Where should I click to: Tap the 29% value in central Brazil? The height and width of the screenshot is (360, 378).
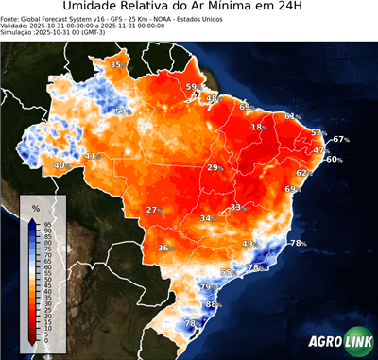[x=215, y=167]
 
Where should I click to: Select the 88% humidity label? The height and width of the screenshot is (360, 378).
[x=213, y=304]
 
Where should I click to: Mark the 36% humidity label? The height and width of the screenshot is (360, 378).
[x=165, y=249]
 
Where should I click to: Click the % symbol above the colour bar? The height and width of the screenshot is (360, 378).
[x=35, y=207]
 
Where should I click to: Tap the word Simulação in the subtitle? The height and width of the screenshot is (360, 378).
[x=17, y=33]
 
